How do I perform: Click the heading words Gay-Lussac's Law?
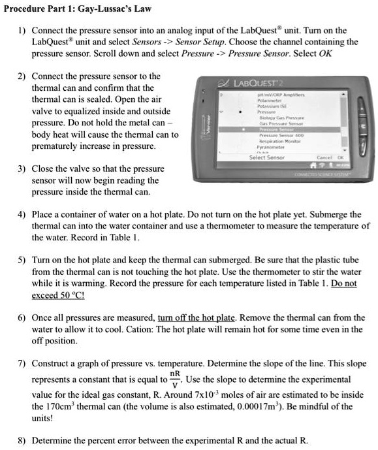115,8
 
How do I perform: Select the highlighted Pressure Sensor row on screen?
277,129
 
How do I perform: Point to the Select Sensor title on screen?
267,157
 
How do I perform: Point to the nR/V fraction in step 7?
173,378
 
